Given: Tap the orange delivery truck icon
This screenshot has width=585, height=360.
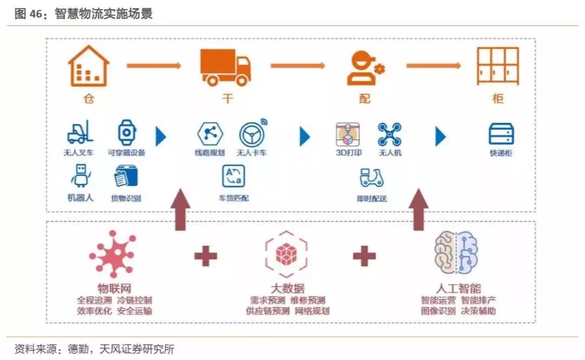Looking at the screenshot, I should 225,67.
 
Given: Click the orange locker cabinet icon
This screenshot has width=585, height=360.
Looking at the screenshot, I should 497,66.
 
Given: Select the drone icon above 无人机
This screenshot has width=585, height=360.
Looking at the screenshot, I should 389,134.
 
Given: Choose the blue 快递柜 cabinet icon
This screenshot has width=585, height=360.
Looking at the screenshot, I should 501,134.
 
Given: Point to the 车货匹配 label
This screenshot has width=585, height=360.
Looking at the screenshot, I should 234,198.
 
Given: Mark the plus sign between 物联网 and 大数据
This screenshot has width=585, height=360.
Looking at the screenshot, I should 205,256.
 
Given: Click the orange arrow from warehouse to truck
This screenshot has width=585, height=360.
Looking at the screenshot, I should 154,66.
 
